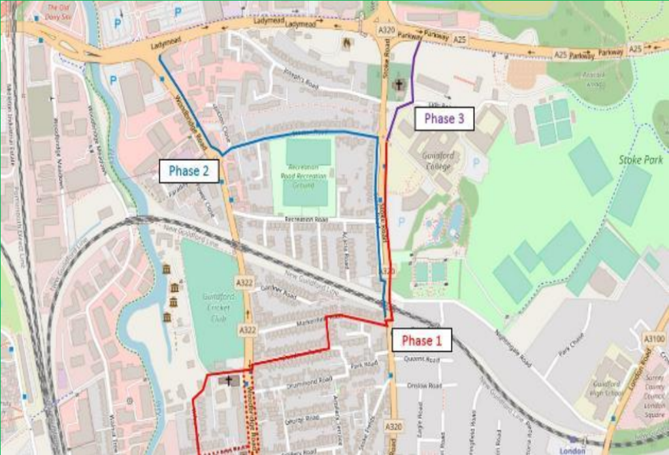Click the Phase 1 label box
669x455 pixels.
tap(421, 341)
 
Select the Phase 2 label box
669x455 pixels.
tap(189, 171)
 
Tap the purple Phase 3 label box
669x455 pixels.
tap(444, 119)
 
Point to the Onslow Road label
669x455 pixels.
tap(425, 386)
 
